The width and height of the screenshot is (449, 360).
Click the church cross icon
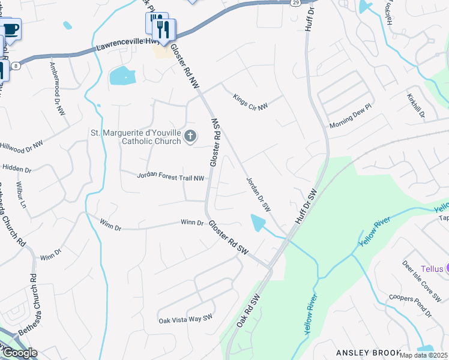[x=190, y=137]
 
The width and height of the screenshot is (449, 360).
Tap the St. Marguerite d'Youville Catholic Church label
[x=134, y=137]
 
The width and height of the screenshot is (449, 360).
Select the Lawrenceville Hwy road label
[x=128, y=44]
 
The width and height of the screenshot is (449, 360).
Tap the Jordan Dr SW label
[x=259, y=194]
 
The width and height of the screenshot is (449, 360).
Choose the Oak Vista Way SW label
[x=186, y=317]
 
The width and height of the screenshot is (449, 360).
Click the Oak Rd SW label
[x=250, y=311]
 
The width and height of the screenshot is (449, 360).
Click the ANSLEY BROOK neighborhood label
[x=368, y=353]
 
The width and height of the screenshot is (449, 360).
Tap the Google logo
[x=19, y=353]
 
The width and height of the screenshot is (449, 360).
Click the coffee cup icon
[x=10, y=29]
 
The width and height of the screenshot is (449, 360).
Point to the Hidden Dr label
[x=16, y=169]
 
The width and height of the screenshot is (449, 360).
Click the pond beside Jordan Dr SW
[x=259, y=223]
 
